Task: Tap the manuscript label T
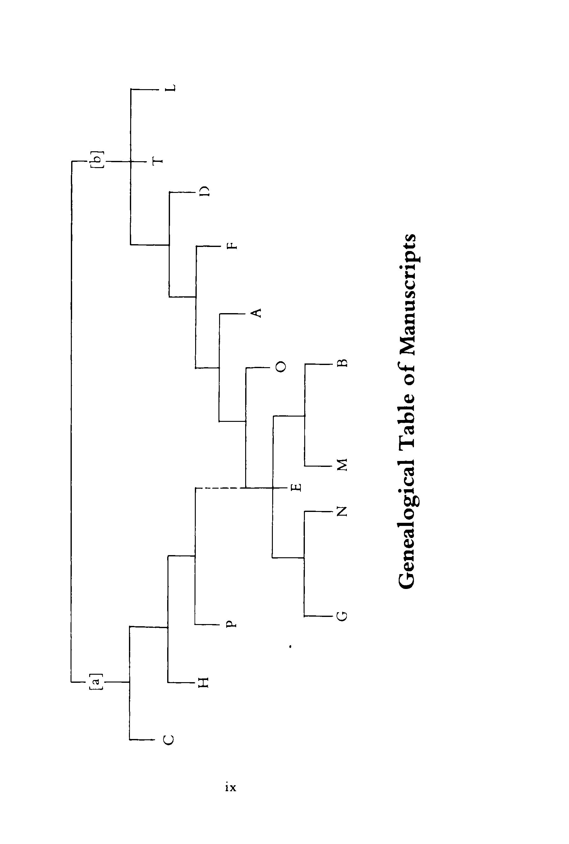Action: click(x=158, y=162)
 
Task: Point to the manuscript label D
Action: click(x=205, y=191)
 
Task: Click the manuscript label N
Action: click(x=342, y=511)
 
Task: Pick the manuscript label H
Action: click(x=203, y=682)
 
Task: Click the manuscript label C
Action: click(x=168, y=740)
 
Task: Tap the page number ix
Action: click(x=231, y=787)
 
